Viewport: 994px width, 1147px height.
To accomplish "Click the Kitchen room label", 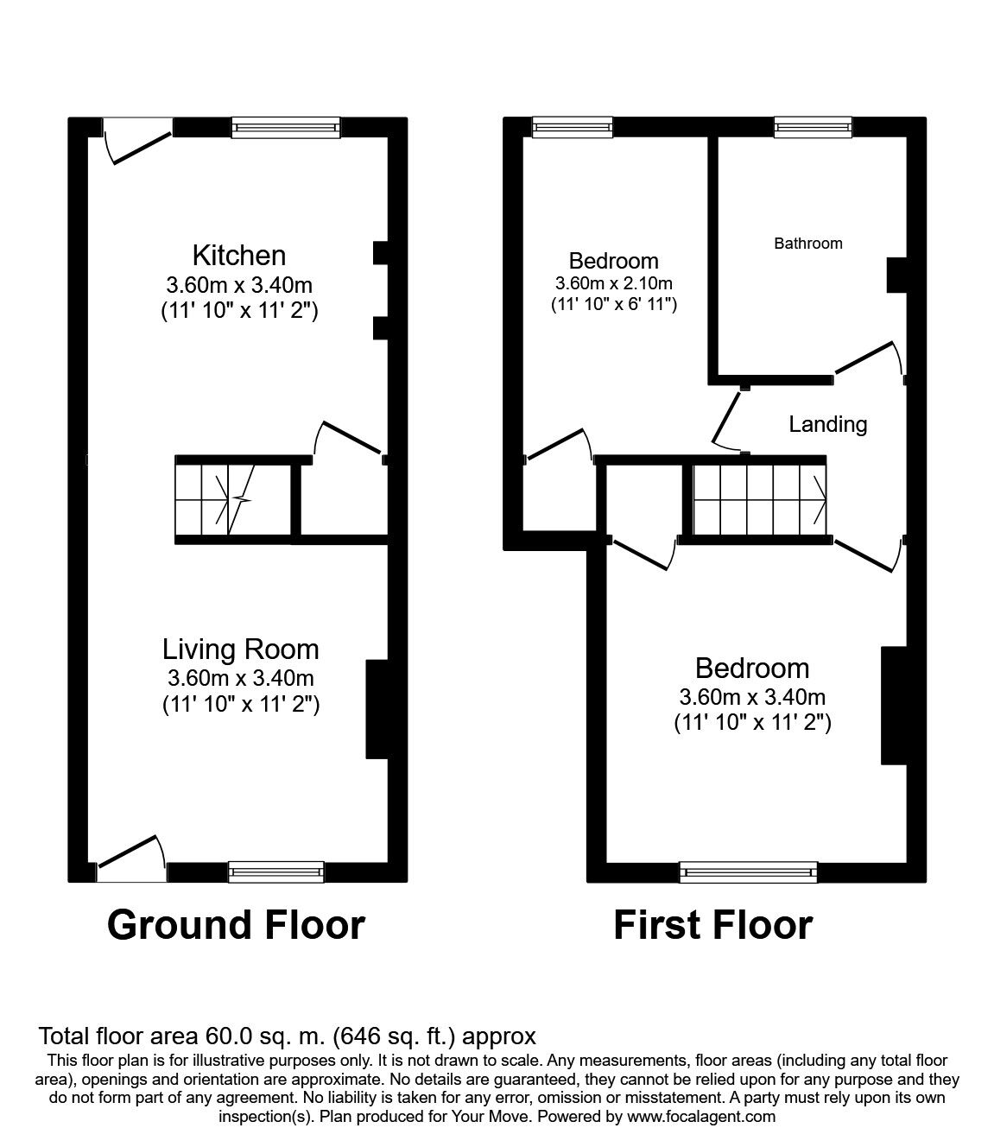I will click(x=239, y=256).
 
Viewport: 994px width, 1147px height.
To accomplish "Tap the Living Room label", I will click(x=241, y=650).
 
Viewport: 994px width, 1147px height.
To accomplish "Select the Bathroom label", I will click(x=807, y=244).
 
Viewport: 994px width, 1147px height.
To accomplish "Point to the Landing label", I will click(x=827, y=424).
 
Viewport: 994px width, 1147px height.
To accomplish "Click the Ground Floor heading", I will click(x=236, y=925).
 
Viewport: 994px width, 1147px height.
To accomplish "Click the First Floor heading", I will click(x=712, y=925).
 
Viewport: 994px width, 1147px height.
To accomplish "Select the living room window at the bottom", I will click(x=276, y=872).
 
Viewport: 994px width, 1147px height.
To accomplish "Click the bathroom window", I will click(x=813, y=128).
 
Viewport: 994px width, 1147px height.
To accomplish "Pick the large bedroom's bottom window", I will click(x=749, y=872).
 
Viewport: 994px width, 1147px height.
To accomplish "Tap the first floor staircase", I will click(x=760, y=499).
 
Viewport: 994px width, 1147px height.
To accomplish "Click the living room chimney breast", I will click(x=377, y=709).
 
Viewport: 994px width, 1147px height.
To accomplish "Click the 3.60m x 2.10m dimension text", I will click(x=614, y=283).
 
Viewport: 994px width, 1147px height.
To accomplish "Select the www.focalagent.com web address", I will click(x=702, y=1116).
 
